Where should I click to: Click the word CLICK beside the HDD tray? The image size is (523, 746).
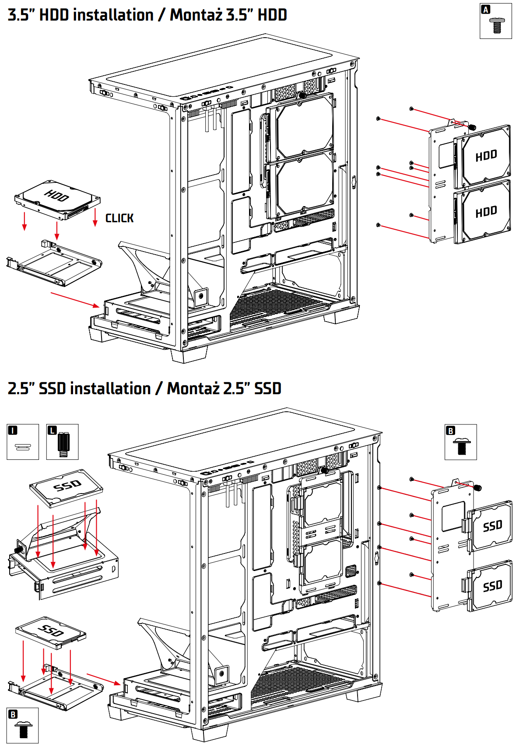point(119,218)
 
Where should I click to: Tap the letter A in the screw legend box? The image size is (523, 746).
point(485,10)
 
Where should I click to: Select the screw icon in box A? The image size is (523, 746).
point(496,25)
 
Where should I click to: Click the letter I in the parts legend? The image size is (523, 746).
point(13,431)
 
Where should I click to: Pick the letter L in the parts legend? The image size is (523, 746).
point(52,431)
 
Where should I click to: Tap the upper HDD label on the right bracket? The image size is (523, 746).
point(486,155)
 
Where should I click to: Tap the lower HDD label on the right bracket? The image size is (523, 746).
point(486,212)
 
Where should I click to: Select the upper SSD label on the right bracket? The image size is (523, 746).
point(492,525)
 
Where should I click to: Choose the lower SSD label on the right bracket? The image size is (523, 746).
point(492,586)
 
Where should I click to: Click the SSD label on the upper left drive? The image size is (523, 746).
point(67,485)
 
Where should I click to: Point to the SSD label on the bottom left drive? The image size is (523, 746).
point(51,630)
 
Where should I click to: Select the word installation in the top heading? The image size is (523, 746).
point(113,15)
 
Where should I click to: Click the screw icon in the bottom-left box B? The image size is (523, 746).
point(23,729)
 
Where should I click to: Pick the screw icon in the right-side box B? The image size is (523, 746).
point(461,446)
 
